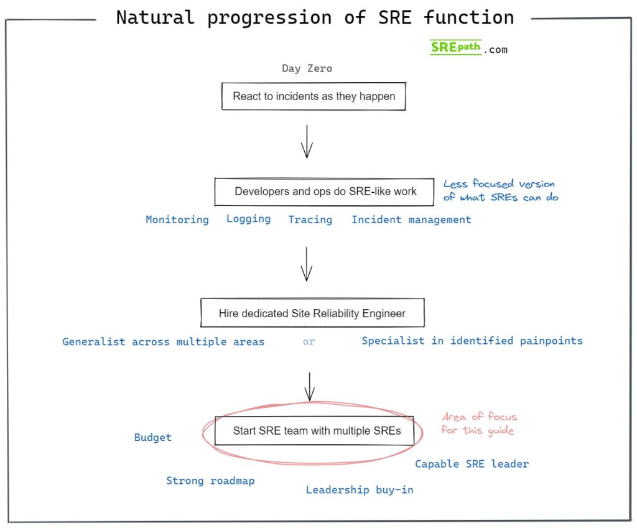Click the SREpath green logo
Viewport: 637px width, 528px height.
[456, 47]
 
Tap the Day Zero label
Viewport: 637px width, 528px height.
[307, 68]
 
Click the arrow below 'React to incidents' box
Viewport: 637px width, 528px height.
[307, 142]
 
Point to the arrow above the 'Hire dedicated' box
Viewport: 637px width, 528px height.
[306, 264]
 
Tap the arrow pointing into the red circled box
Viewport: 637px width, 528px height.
[310, 387]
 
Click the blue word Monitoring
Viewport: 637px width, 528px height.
[177, 220]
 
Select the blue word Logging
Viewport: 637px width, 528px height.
[249, 219]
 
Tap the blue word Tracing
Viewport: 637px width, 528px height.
[310, 220]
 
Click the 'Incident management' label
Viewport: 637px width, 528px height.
[412, 220]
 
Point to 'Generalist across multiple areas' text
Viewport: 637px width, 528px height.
[164, 341]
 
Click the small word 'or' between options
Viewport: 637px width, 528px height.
[309, 342]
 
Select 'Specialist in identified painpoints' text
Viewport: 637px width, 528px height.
[472, 341]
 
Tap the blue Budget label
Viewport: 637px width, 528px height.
[153, 437]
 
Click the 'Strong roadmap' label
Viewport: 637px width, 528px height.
[210, 481]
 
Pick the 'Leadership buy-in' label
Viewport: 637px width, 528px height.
[360, 490]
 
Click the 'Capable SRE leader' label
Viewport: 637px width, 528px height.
[472, 464]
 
